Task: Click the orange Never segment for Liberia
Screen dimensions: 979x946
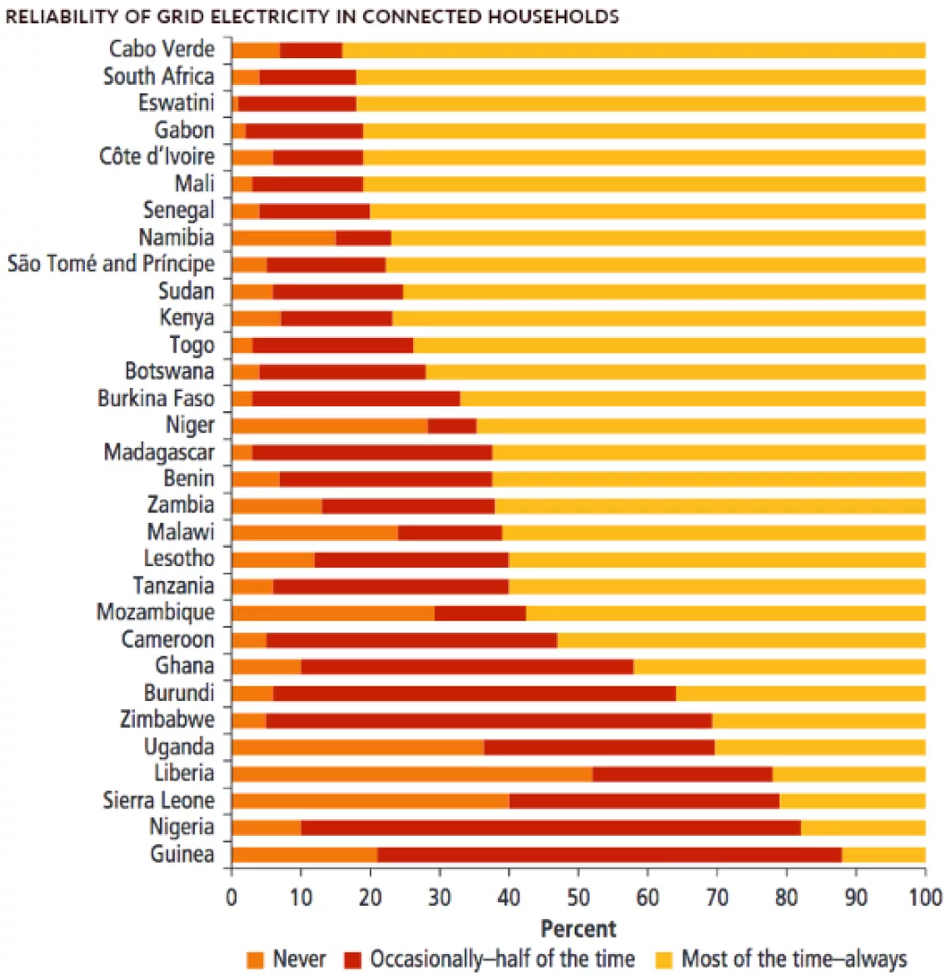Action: (411, 774)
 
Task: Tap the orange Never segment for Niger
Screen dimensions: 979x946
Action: (329, 426)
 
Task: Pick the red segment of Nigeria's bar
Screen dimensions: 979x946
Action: (551, 828)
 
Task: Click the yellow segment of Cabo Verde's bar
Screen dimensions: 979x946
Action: (633, 50)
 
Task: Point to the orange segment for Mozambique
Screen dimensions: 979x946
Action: (333, 613)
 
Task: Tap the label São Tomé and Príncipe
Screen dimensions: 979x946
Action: (111, 264)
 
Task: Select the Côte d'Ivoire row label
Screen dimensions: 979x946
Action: (156, 157)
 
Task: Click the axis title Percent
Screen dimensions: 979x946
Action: (577, 927)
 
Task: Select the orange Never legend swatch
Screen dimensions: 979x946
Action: (255, 959)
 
